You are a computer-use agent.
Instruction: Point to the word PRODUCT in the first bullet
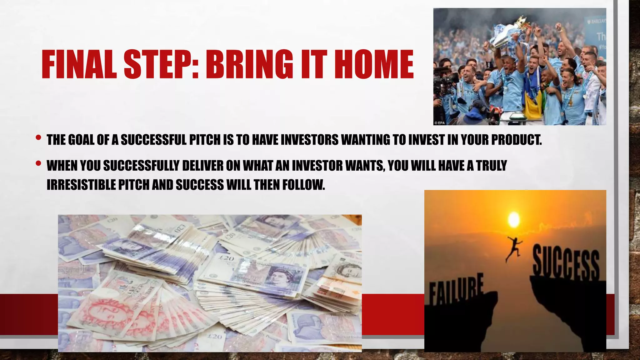point(516,140)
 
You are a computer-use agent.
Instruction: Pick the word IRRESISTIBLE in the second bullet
point(82,185)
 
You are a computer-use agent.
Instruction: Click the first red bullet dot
point(38,137)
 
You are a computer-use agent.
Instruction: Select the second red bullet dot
point(38,163)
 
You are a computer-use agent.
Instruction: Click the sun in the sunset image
point(513,219)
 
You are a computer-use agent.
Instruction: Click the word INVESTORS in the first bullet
point(309,140)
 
